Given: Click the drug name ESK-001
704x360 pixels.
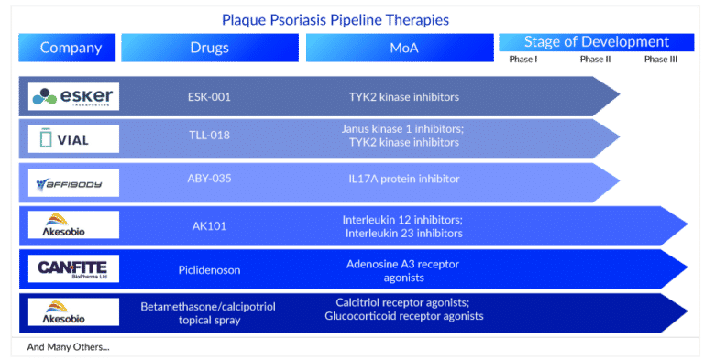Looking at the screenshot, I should coord(208,96).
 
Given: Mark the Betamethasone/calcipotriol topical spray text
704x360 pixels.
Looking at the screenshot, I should coord(208,311).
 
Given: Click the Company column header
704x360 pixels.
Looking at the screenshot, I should coord(71,48).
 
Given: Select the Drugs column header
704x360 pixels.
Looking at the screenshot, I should coord(209,48).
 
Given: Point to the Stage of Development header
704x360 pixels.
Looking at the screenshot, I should coord(596,42).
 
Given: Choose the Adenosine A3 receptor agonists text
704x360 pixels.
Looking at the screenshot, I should coord(402,269).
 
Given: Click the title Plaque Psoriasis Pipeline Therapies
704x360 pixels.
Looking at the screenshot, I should coord(335,20).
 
